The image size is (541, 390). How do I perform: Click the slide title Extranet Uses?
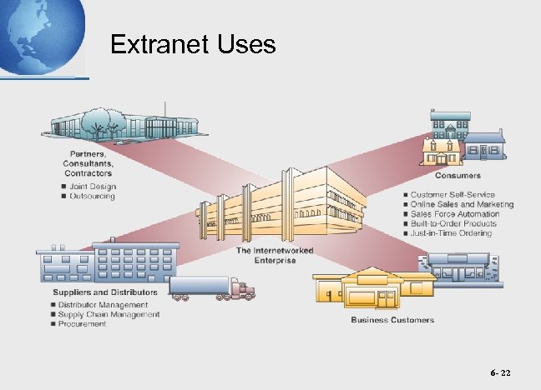[193, 44]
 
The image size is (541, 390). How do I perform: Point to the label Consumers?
[458, 176]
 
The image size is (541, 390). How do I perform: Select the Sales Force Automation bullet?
[455, 214]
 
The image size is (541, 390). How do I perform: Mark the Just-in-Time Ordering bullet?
[453, 233]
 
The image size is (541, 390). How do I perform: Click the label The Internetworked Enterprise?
[267, 255]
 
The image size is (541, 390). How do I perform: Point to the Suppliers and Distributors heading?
[105, 292]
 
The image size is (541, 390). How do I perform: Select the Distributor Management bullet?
[104, 305]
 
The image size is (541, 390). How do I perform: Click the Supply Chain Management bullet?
[109, 314]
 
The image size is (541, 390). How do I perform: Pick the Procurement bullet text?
[83, 324]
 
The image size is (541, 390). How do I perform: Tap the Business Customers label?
[392, 320]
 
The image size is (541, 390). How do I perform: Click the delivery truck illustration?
[212, 288]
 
